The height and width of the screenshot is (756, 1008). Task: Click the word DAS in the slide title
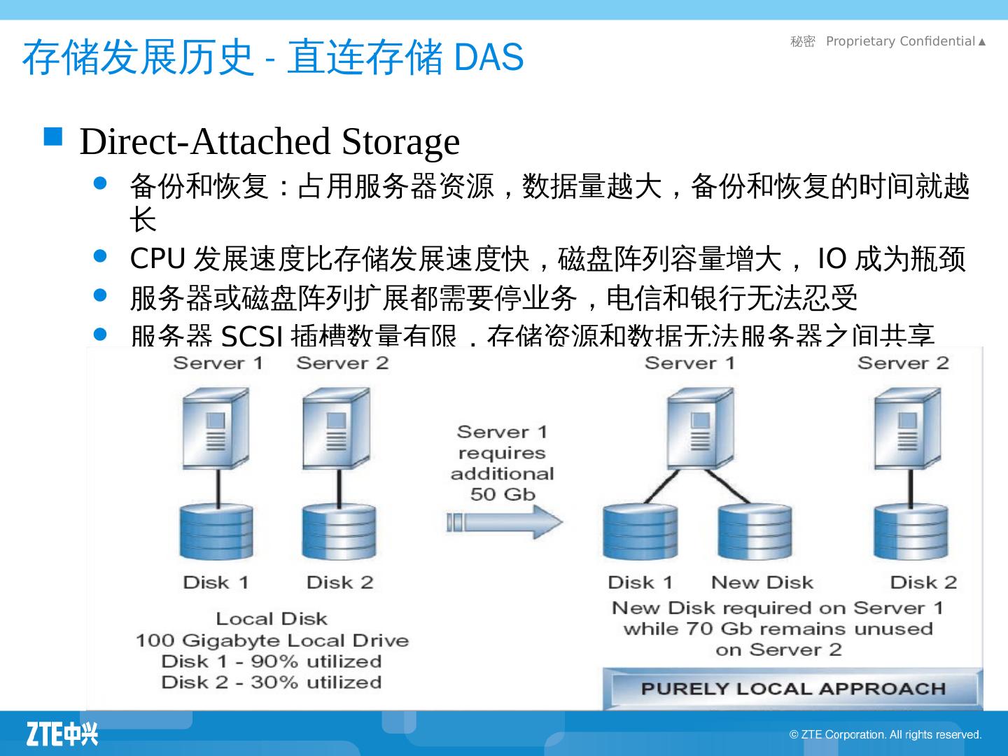(x=489, y=57)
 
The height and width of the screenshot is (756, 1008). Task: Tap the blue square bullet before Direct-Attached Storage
(x=53, y=136)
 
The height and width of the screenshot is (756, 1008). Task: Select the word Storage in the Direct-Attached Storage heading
(x=400, y=141)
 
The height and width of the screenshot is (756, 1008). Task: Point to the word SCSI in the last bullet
(x=252, y=338)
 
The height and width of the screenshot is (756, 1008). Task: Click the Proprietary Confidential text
(x=900, y=41)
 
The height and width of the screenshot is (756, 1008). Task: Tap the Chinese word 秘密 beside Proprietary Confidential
(x=803, y=42)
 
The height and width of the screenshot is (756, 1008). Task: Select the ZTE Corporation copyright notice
(x=885, y=734)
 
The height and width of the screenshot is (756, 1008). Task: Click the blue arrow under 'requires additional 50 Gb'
(x=504, y=522)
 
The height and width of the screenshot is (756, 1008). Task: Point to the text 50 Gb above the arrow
(x=503, y=494)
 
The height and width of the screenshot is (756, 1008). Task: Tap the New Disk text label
(x=762, y=582)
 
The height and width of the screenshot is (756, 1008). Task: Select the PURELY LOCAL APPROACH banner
(x=793, y=689)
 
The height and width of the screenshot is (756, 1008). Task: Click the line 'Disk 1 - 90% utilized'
(x=271, y=661)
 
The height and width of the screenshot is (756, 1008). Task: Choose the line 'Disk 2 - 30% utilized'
(x=271, y=682)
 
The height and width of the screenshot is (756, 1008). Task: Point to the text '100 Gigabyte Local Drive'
(x=272, y=640)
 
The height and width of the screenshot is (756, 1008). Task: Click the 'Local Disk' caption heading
(x=272, y=619)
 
